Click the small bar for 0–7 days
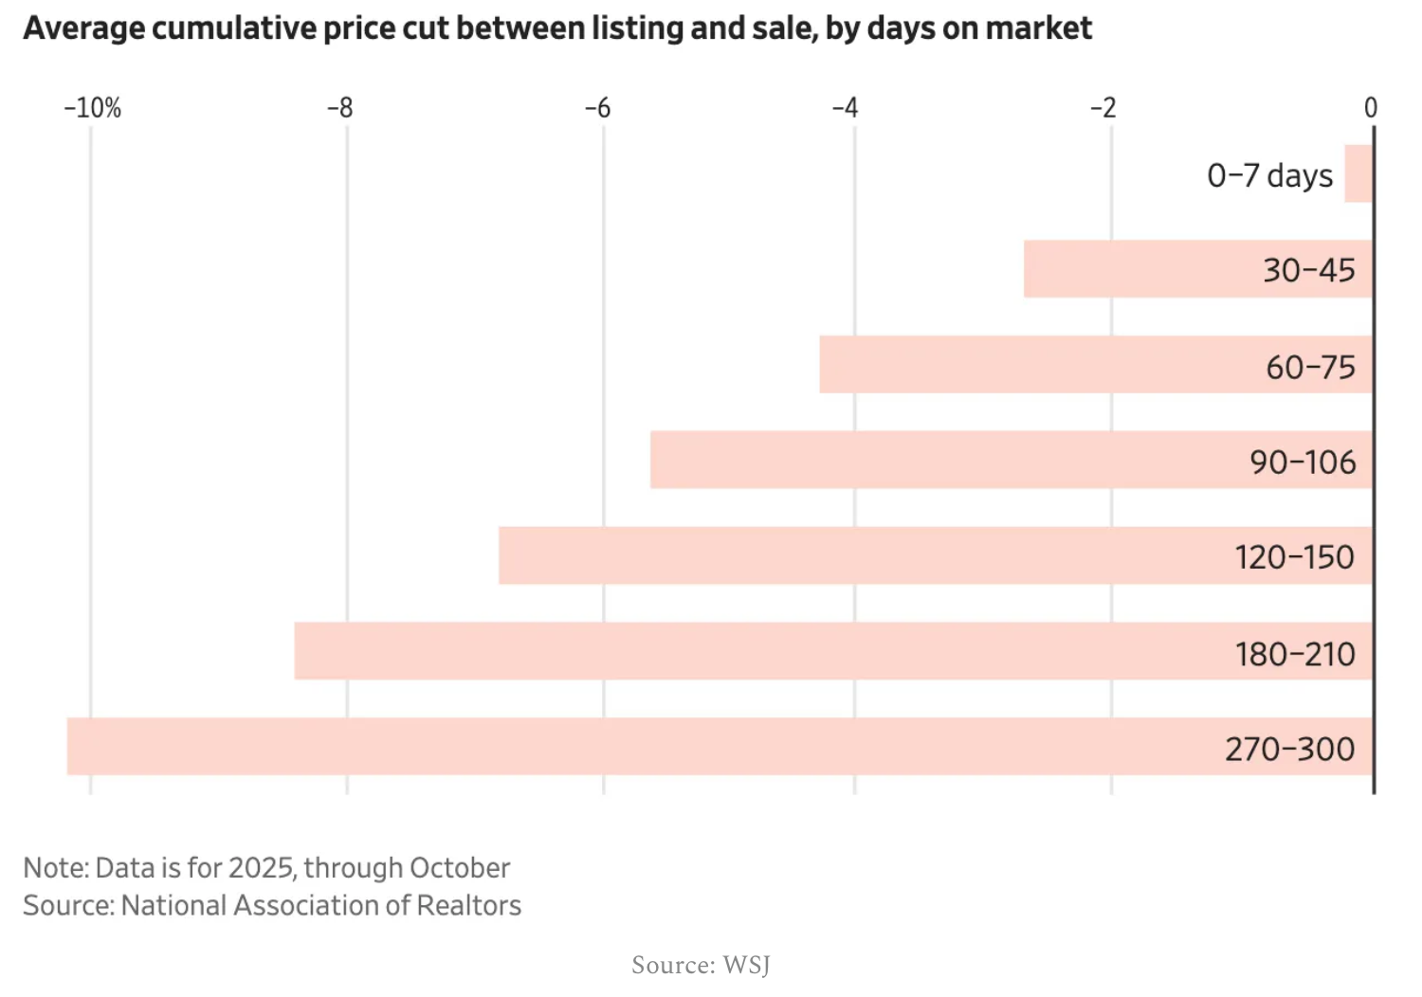(x=1358, y=173)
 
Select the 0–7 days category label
(x=1269, y=176)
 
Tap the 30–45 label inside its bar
(x=1308, y=271)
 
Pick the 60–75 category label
(x=1310, y=367)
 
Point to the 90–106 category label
(x=1303, y=462)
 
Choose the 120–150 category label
(x=1294, y=557)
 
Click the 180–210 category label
(x=1294, y=654)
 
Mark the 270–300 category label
(x=1289, y=750)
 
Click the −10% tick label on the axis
(x=93, y=108)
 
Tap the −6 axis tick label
(x=597, y=108)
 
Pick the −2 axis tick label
(x=1103, y=108)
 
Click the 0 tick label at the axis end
(x=1370, y=108)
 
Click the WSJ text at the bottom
(x=746, y=965)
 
